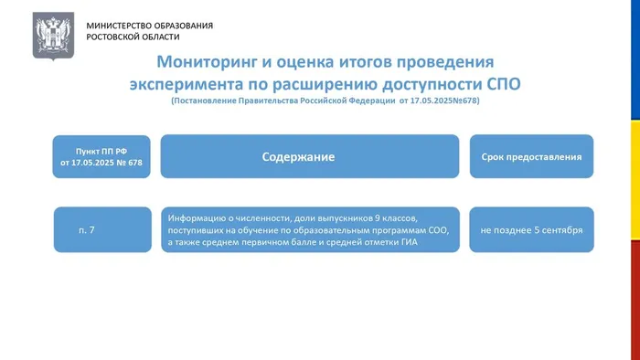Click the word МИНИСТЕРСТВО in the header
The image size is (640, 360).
pyautogui.click(x=117, y=26)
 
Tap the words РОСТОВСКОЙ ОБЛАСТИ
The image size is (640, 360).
pyautogui.click(x=133, y=37)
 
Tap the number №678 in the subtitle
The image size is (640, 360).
pyautogui.click(x=464, y=101)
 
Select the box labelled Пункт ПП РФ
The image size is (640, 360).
pyautogui.click(x=101, y=156)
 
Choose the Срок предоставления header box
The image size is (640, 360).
pyautogui.click(x=531, y=156)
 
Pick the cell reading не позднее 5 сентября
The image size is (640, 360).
pyautogui.click(x=531, y=229)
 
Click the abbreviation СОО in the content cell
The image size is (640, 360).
pyautogui.click(x=439, y=230)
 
